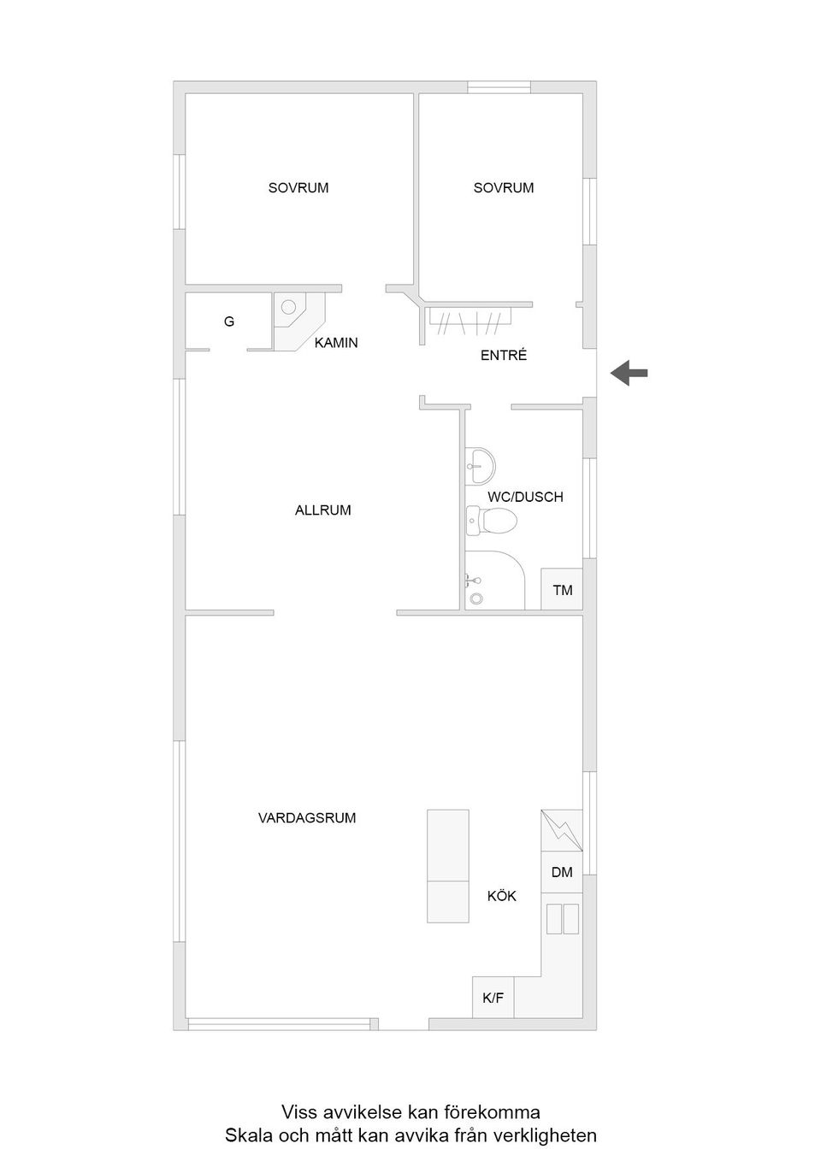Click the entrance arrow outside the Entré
tap(629, 373)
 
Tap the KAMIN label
tap(336, 343)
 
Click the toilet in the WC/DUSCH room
tap(492, 521)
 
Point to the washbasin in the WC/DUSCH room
tap(481, 466)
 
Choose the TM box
tap(562, 589)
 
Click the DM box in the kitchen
tap(562, 872)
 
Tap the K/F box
tap(493, 998)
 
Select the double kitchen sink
tap(563, 919)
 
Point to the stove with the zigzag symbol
tap(562, 830)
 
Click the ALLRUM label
tap(323, 510)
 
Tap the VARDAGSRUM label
tap(307, 818)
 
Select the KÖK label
tap(502, 896)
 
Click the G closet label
tap(229, 321)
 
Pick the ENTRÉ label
tap(503, 355)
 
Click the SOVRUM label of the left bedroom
tap(298, 187)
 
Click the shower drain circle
tap(475, 598)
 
